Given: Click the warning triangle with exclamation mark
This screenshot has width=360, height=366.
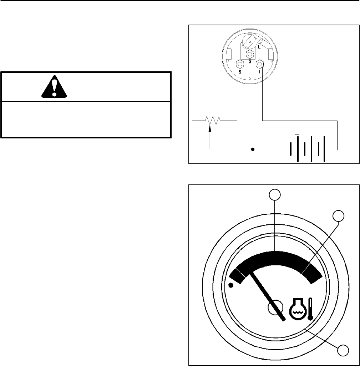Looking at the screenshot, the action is click(54, 87).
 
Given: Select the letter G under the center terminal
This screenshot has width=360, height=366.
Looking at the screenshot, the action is click(250, 62).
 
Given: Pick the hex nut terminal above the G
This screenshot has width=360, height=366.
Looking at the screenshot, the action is click(250, 54).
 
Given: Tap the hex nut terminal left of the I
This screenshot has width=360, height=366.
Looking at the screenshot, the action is click(260, 63).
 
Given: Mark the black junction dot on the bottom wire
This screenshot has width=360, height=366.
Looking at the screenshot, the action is click(253, 149).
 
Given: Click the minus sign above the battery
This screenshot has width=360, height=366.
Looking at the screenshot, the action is click(297, 134).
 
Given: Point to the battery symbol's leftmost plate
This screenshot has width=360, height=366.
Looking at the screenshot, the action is click(292, 149).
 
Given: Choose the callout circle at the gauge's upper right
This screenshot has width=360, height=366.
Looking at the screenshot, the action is click(338, 215).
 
